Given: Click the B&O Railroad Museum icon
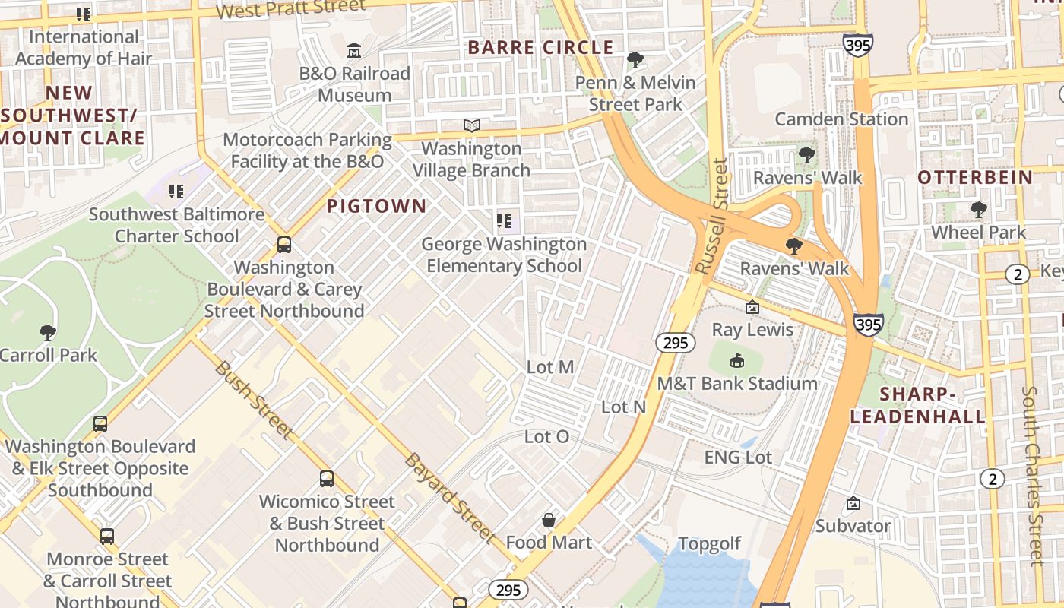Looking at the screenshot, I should coord(354,51).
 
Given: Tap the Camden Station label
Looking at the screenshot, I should coord(841,119).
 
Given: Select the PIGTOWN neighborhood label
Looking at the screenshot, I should coord(376,206).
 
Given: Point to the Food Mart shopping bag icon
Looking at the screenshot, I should coord(549,520).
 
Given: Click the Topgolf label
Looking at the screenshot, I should coord(709,544).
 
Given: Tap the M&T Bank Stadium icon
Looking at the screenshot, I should coord(736,360).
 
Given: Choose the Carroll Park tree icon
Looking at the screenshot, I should coord(48,332).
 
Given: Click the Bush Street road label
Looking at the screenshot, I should coord(253,400).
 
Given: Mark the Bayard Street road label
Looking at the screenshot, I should coord(450,498).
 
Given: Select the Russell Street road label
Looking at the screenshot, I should coord(711,217).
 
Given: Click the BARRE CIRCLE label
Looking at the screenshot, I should coord(540,47).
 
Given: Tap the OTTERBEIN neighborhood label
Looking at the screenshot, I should coord(975,178).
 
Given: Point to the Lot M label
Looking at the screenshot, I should coord(550,367).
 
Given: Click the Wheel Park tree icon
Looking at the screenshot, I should coord(978,209).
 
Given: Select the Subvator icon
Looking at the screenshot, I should coord(853,503).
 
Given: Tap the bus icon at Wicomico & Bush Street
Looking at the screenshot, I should coord(327,479).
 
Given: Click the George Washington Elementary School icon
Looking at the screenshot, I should coord(504,221).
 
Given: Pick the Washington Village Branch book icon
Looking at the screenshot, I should coord(472,125).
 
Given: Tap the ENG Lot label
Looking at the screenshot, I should coord(738,458).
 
